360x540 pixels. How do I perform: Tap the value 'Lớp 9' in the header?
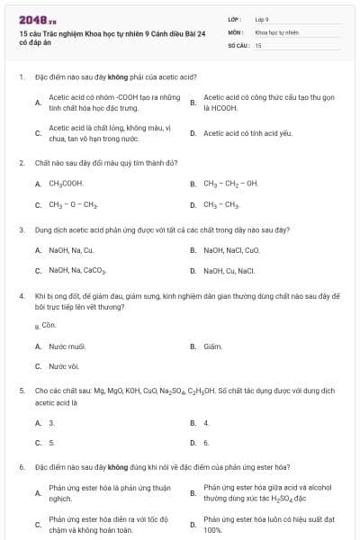click(x=262, y=19)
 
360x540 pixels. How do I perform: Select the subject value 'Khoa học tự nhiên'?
click(x=276, y=31)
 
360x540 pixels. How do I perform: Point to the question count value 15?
click(x=258, y=44)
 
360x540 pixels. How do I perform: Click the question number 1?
click(x=20, y=77)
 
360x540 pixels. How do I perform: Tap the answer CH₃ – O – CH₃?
click(x=73, y=204)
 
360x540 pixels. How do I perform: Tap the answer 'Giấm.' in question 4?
click(x=212, y=346)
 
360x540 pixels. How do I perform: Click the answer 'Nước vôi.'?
click(x=64, y=366)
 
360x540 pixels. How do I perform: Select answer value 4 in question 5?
click(x=206, y=422)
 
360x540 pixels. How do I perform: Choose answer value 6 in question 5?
click(x=206, y=443)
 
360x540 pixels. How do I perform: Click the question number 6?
click(x=20, y=468)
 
